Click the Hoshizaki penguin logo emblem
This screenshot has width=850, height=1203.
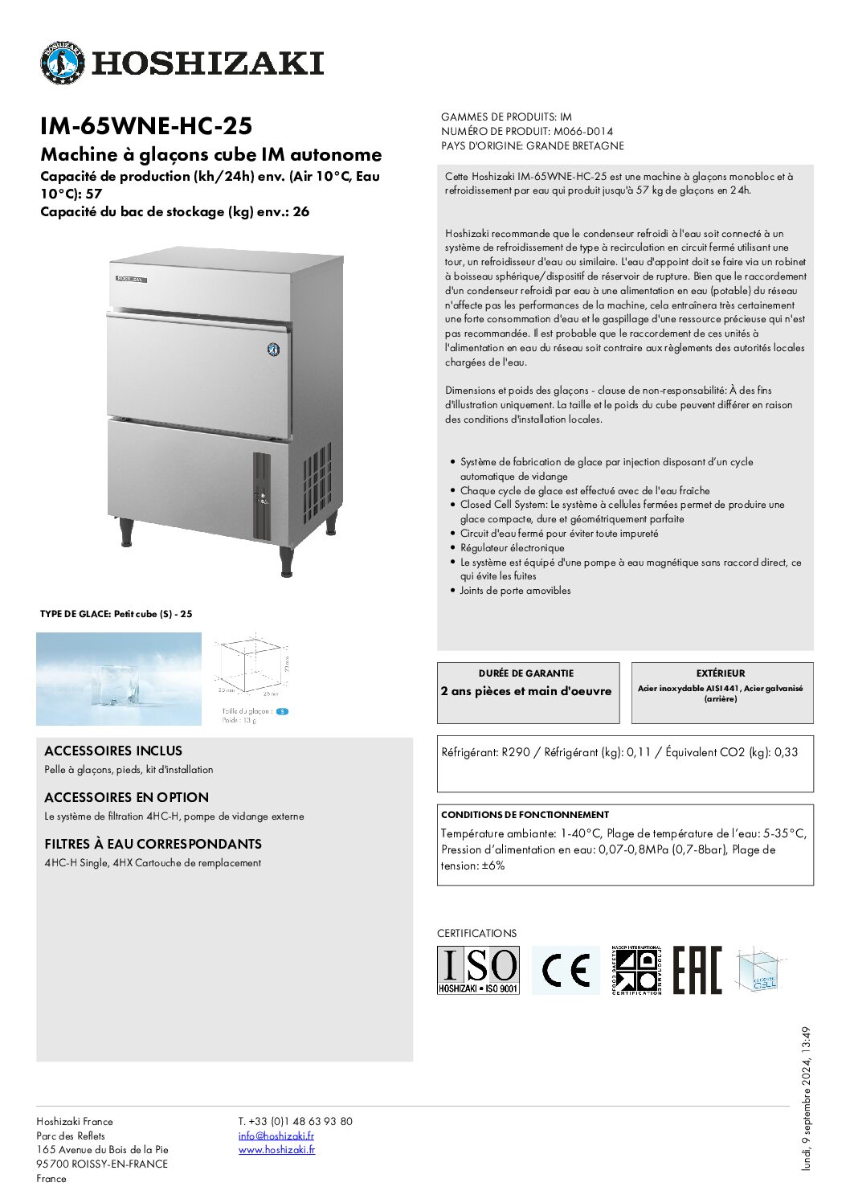click(62, 63)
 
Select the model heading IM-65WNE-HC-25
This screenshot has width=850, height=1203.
click(146, 126)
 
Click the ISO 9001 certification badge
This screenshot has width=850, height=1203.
click(478, 970)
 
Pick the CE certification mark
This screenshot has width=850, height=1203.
click(566, 970)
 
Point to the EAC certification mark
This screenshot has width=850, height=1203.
click(697, 970)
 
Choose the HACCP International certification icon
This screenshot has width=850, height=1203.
click(635, 970)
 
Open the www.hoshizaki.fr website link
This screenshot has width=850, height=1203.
click(276, 1150)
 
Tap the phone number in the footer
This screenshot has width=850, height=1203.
click(295, 1121)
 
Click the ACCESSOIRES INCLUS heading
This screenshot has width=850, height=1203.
click(113, 751)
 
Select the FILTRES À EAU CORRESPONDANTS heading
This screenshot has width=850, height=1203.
click(153, 844)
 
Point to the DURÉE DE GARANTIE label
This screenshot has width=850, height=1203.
click(526, 673)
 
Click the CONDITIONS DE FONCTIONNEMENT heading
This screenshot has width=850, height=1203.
click(525, 814)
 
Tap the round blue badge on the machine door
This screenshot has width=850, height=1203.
click(273, 350)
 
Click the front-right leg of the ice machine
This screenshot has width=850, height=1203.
click(286, 560)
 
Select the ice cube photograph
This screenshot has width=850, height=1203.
click(119, 679)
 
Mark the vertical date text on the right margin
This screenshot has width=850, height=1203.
click(806, 1098)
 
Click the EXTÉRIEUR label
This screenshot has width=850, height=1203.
click(721, 673)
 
